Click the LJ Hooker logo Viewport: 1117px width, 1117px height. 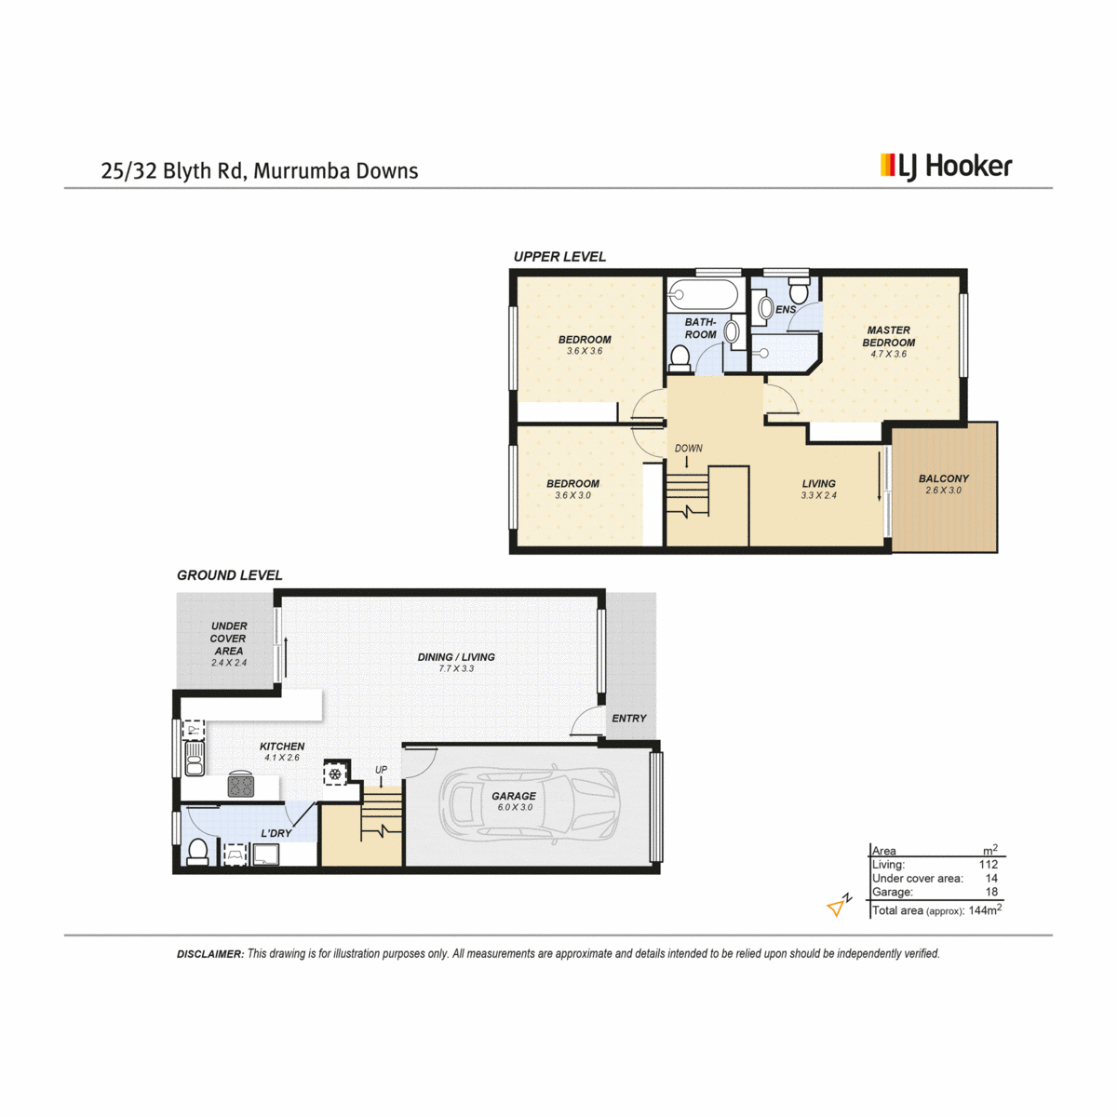(946, 167)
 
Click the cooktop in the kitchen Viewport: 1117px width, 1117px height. (241, 785)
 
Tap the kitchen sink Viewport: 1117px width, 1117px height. (195, 760)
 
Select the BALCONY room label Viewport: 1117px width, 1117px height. (944, 478)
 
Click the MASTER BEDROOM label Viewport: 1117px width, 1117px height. (889, 336)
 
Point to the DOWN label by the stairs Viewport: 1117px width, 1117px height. (689, 448)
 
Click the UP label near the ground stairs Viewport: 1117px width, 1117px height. (381, 770)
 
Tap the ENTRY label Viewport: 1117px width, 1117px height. (629, 719)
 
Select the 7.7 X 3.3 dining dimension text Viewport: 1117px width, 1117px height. (456, 668)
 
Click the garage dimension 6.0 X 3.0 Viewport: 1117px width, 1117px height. (515, 807)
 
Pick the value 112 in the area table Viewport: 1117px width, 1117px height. (989, 864)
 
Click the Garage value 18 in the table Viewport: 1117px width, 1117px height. (991, 892)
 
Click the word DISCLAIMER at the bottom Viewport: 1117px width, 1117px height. (210, 954)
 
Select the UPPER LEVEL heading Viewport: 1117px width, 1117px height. (559, 257)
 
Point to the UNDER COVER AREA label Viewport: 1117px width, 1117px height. (228, 639)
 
